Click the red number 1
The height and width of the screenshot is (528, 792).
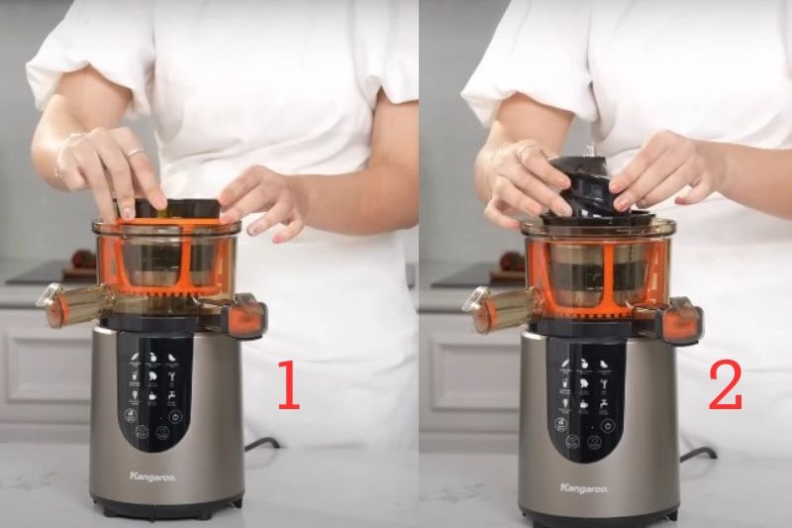pyautogui.click(x=287, y=386)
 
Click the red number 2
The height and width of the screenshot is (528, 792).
pyautogui.click(x=725, y=386)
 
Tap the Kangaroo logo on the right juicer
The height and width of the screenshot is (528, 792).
pyautogui.click(x=583, y=487)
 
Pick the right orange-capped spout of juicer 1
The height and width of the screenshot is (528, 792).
pyautogui.click(x=245, y=316)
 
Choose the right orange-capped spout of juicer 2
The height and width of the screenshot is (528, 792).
pyautogui.click(x=681, y=321)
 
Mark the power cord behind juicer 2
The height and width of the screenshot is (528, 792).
pyautogui.click(x=698, y=454)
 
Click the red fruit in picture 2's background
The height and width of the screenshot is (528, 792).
pyautogui.click(x=511, y=262)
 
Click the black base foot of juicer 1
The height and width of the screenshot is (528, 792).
pyautogui.click(x=166, y=510)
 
